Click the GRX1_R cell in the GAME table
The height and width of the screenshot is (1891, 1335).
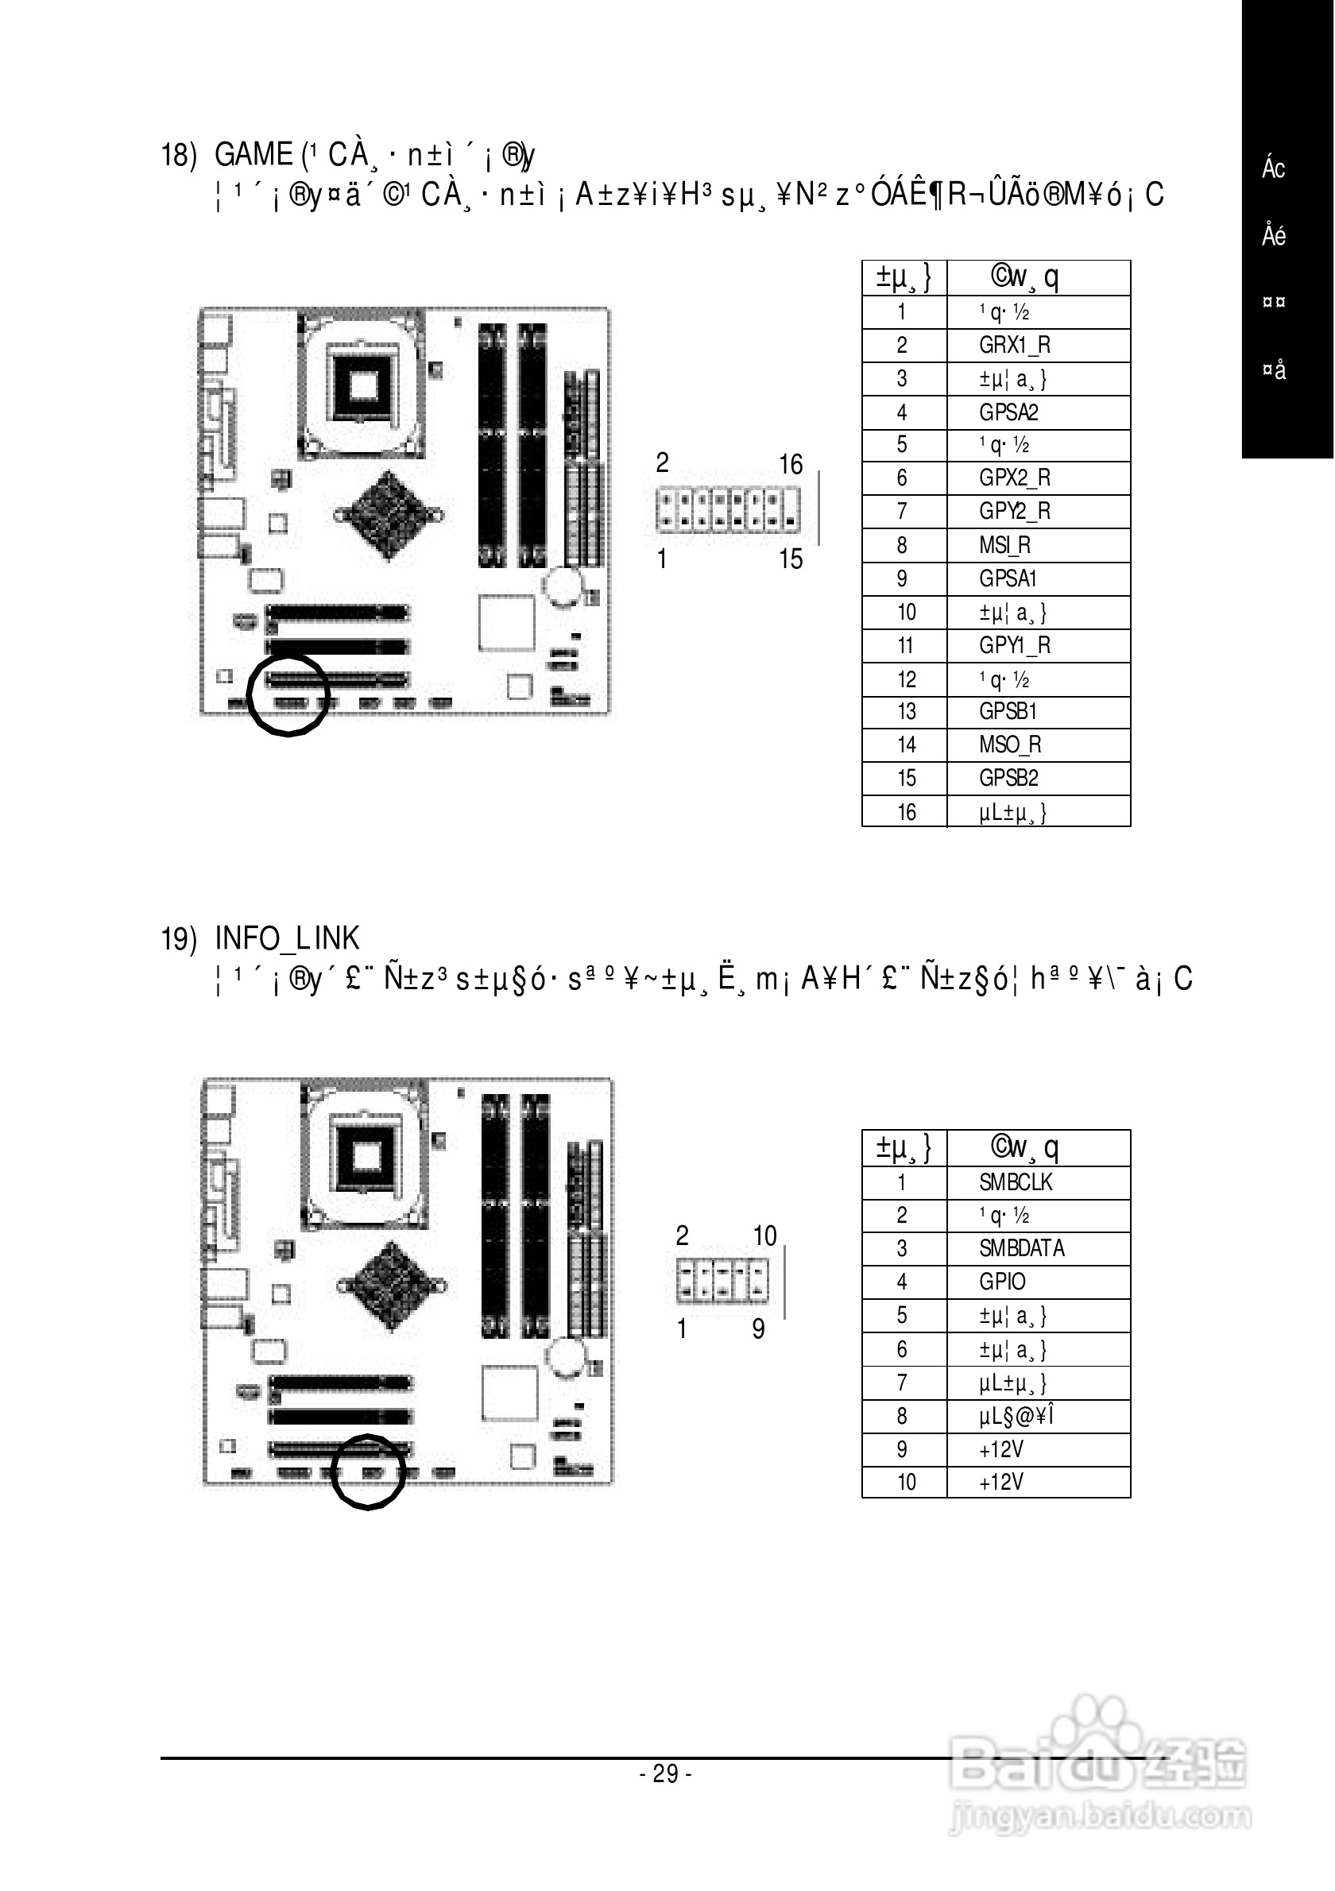click(1014, 345)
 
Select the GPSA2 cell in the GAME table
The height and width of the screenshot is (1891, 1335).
click(1008, 412)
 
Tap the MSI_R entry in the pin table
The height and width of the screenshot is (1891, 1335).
click(1004, 545)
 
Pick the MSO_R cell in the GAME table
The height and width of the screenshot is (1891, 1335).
click(1010, 744)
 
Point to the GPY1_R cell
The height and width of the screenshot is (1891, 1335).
click(1014, 646)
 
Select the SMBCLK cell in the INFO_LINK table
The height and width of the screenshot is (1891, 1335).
click(1016, 1182)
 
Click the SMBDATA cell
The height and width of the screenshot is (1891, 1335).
click(1021, 1247)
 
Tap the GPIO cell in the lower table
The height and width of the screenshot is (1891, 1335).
click(1002, 1282)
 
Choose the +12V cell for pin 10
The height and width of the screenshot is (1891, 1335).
click(1000, 1482)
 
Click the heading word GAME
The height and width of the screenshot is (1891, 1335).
click(253, 154)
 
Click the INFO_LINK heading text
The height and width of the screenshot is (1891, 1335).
click(287, 938)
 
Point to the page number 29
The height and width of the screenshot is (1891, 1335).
click(665, 1773)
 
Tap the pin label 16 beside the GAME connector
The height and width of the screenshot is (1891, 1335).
click(791, 465)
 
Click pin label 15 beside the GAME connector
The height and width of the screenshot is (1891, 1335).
click(791, 559)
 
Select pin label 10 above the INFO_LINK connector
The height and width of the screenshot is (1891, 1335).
click(764, 1236)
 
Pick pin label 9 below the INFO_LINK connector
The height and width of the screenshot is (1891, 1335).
click(759, 1328)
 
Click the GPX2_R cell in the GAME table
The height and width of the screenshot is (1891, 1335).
click(1014, 478)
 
